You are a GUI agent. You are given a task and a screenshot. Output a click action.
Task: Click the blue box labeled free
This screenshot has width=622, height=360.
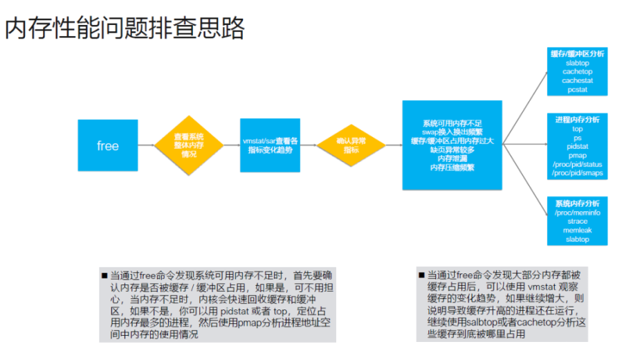coord(107,145)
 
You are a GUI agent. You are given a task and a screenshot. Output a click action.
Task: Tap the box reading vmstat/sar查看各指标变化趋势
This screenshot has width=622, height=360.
coord(270,145)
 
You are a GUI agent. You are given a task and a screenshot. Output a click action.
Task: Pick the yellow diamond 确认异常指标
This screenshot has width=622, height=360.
coord(351,145)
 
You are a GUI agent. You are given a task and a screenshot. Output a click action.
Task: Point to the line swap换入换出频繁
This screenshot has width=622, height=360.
coord(452,132)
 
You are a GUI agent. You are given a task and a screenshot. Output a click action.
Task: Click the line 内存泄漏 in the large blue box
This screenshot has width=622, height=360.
coord(452,158)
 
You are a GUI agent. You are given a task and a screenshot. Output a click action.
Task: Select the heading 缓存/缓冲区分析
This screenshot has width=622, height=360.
coord(577,54)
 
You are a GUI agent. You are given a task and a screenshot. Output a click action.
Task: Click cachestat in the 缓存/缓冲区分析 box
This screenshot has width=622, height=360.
coord(577,80)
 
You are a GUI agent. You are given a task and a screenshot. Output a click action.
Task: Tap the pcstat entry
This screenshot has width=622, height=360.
coord(577,89)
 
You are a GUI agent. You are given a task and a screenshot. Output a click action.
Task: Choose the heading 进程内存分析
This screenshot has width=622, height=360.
coord(577,120)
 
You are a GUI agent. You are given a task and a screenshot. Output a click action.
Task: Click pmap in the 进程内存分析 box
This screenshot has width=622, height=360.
coord(577,155)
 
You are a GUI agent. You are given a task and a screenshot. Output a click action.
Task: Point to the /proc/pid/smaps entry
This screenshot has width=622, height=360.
coord(577,173)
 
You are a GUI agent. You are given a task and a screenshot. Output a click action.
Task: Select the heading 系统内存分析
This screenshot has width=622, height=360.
coord(577,204)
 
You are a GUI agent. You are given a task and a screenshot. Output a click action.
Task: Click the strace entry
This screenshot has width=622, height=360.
coord(577,222)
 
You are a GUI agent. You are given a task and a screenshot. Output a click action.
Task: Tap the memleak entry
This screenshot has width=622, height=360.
coord(577,231)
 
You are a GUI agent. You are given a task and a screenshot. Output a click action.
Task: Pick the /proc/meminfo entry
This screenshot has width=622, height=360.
coord(577,213)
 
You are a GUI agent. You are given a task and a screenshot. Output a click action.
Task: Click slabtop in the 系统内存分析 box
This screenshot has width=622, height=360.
coord(577,240)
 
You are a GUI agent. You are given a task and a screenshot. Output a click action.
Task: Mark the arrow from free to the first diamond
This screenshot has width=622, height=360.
coord(146,145)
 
